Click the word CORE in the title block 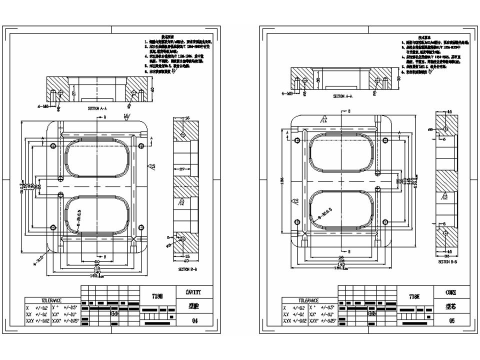(450, 292)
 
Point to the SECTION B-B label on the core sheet (448, 261)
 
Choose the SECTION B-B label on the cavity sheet (189, 268)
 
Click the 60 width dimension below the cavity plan (97, 261)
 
